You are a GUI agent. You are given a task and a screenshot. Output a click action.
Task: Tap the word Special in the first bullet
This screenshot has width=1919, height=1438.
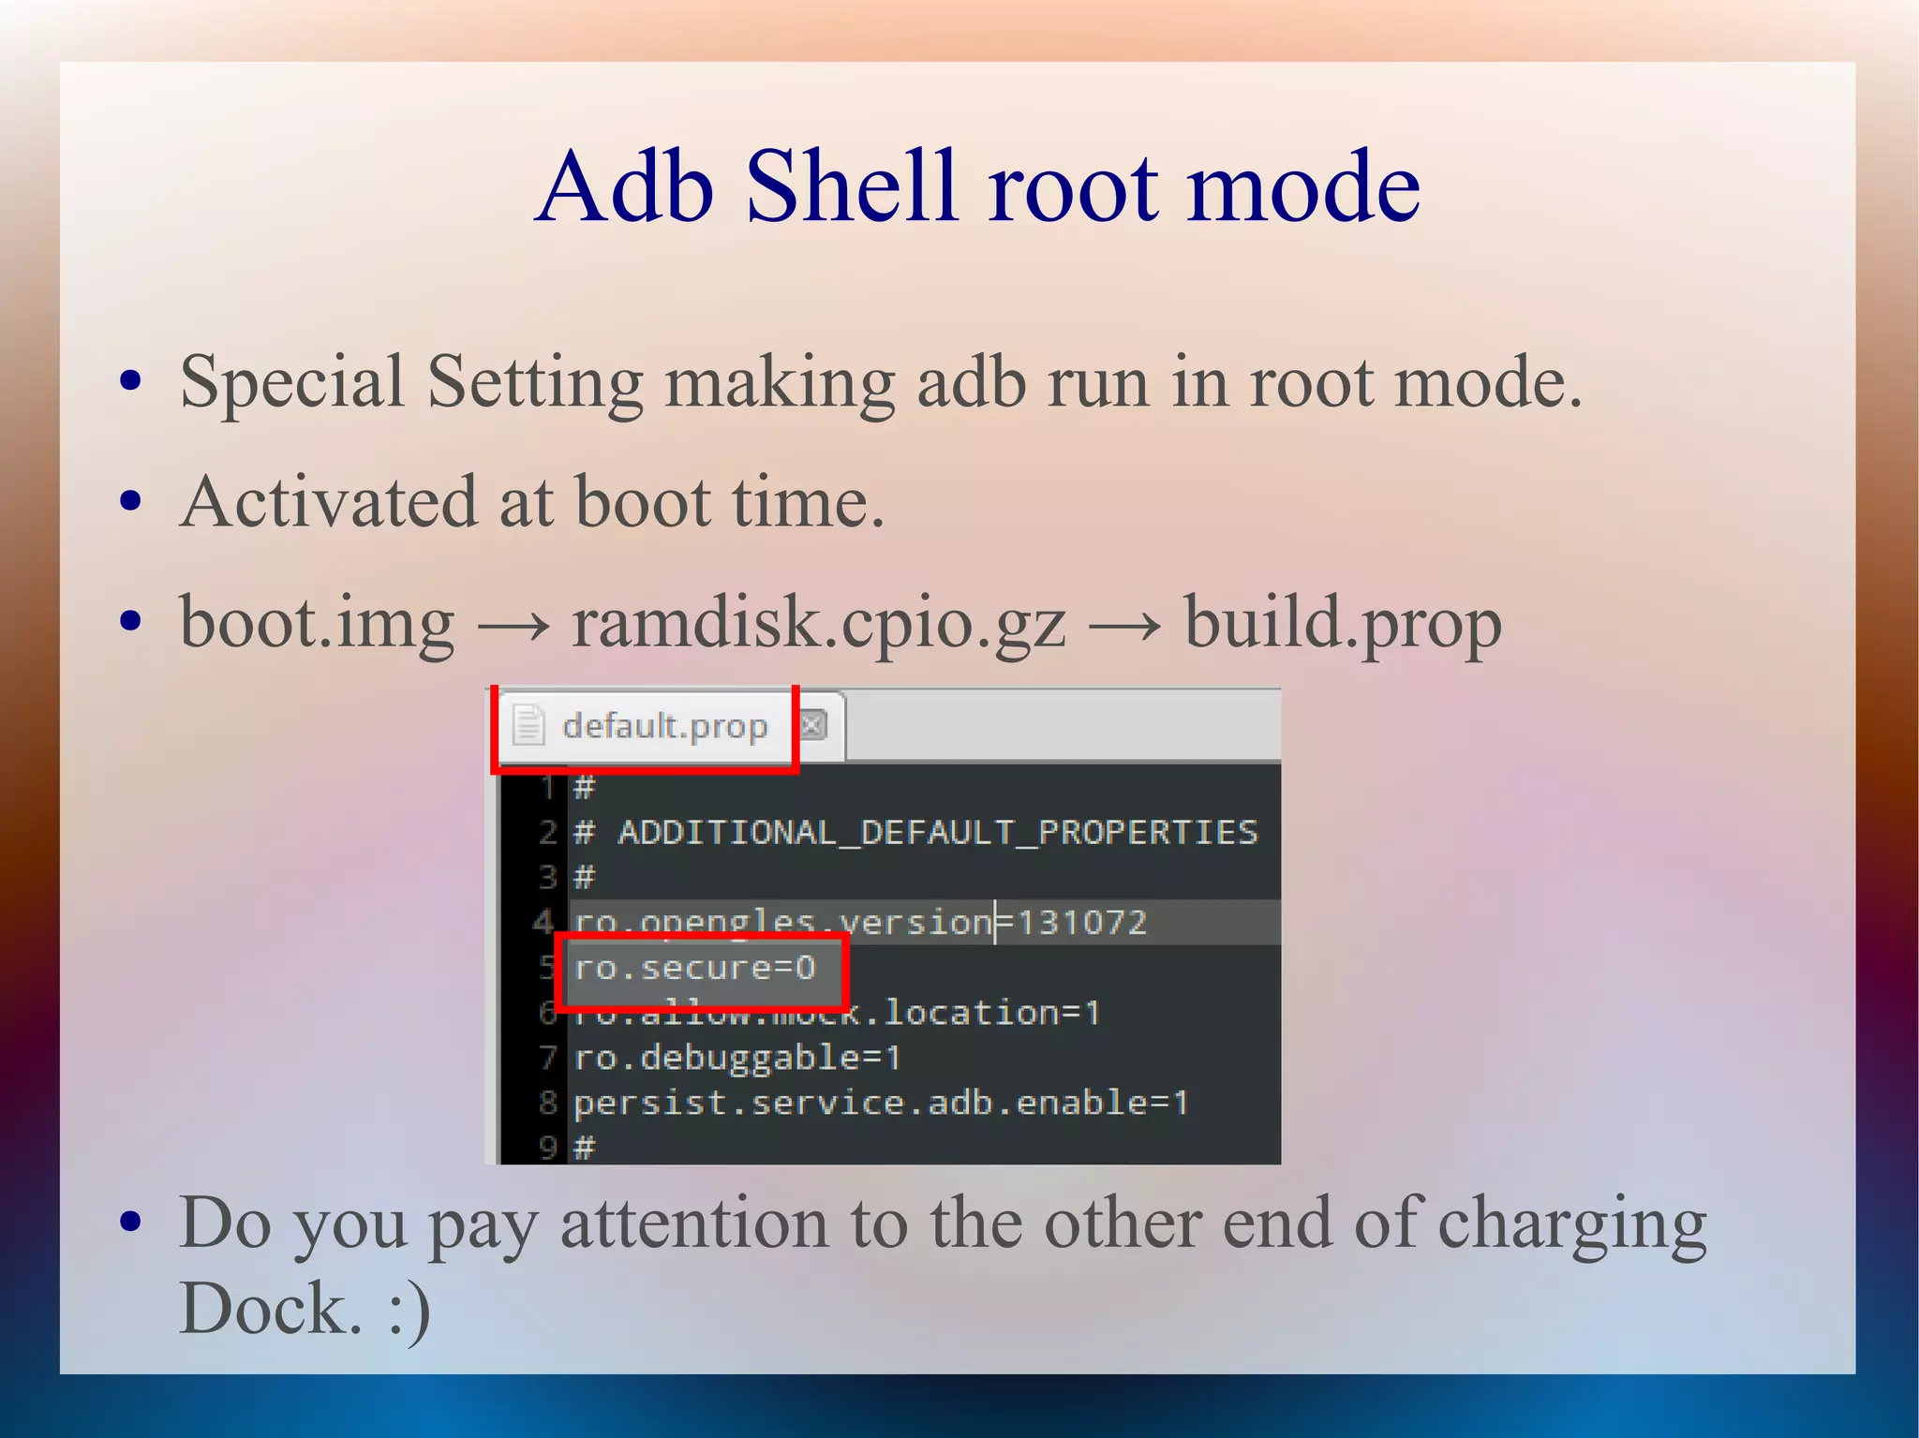pyautogui.click(x=291, y=383)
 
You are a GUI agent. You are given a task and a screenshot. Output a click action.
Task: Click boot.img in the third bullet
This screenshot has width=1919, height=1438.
pyautogui.click(x=317, y=624)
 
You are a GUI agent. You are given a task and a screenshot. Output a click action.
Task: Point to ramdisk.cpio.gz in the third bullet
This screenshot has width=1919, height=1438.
pyautogui.click(x=818, y=624)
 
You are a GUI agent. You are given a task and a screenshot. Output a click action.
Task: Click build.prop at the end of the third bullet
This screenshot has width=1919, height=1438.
pyautogui.click(x=1342, y=624)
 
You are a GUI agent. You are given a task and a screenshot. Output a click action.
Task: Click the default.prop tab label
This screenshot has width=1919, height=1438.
pyautogui.click(x=664, y=726)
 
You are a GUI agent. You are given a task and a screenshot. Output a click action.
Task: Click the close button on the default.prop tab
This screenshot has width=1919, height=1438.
pyautogui.click(x=813, y=725)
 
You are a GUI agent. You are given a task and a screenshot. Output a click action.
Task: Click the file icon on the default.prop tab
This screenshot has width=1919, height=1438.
pyautogui.click(x=528, y=726)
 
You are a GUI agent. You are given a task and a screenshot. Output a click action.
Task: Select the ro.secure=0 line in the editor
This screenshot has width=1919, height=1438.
pyautogui.click(x=694, y=968)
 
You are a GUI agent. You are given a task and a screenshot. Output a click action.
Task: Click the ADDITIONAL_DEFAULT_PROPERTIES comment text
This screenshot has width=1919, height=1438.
pyautogui.click(x=937, y=832)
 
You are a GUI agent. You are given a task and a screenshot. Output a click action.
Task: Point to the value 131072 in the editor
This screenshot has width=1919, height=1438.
pyautogui.click(x=1081, y=923)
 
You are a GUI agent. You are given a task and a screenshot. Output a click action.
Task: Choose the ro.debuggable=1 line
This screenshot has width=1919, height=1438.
pyautogui.click(x=736, y=1059)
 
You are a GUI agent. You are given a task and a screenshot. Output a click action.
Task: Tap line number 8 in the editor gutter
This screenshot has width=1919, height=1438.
pyautogui.click(x=548, y=1103)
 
